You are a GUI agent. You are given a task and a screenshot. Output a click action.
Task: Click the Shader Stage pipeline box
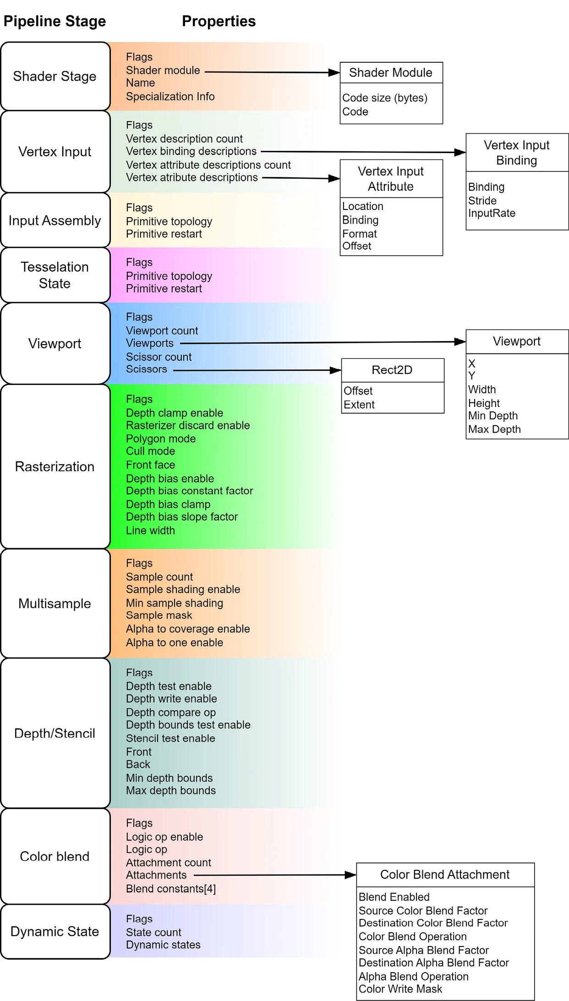point(55,77)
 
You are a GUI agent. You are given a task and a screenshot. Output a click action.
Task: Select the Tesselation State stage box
point(55,275)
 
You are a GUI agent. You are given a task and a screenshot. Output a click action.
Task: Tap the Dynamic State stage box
point(55,931)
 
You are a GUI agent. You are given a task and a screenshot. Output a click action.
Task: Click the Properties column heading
point(219,21)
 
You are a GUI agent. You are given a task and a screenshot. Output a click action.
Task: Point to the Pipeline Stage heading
point(55,21)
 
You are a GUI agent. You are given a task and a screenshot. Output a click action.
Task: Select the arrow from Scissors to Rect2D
point(257,370)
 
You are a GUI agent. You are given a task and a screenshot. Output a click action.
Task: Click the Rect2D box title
point(392,370)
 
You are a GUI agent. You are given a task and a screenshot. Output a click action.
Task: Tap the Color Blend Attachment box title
point(445,874)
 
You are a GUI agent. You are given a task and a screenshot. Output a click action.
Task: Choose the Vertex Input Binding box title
point(517,153)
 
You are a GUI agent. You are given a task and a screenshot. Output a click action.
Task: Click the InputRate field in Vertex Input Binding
point(492,213)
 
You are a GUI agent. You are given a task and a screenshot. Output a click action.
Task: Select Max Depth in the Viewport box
point(494,429)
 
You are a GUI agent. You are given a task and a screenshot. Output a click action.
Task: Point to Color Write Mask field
point(400,989)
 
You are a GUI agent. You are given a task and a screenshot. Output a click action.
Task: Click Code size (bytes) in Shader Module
point(385,98)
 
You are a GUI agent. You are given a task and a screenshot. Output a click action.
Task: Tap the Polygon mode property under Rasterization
point(161,439)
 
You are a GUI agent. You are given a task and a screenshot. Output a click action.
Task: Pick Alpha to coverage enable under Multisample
point(188,629)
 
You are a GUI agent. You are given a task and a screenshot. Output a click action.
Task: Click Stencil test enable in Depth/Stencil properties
point(170,738)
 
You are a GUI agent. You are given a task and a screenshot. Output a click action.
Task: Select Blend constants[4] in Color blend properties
point(171,889)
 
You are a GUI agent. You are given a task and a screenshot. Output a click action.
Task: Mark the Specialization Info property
point(170,97)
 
